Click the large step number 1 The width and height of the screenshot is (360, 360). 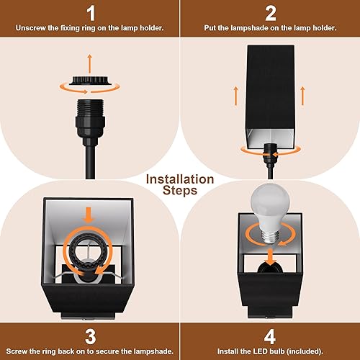[90, 13]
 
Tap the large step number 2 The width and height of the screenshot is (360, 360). [270, 13]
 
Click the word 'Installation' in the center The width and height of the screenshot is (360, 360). [180, 179]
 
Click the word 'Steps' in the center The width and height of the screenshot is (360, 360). [180, 192]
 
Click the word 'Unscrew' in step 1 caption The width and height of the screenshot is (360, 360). [32, 29]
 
